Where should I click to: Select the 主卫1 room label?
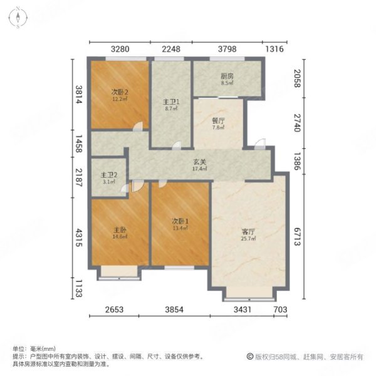(x=171, y=102)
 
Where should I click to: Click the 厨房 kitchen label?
(x=227, y=76)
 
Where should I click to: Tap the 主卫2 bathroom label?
(x=108, y=175)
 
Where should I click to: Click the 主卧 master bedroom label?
(x=120, y=229)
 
